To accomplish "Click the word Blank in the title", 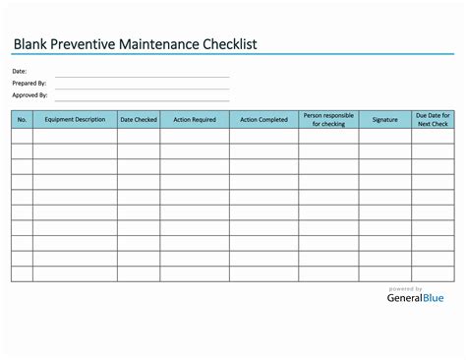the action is point(34,45).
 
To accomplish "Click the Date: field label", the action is point(20,72).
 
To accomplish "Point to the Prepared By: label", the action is point(29,84).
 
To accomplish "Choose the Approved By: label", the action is point(30,95).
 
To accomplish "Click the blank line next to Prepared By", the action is point(142,86).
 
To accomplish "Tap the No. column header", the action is point(23,120).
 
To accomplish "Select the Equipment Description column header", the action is point(75,120).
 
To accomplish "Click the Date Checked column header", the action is point(139,120).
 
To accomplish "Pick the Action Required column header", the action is point(195,120).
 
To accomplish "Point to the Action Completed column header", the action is point(264,120).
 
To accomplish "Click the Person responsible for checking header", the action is point(328,120).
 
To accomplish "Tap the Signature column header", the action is point(385,120).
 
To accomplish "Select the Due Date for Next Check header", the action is point(434,120).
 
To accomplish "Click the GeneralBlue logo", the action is point(414,298).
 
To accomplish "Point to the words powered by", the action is point(406,288).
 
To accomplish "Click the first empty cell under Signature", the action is point(385,137).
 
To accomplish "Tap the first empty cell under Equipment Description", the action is point(75,137).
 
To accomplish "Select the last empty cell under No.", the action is point(23,273).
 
